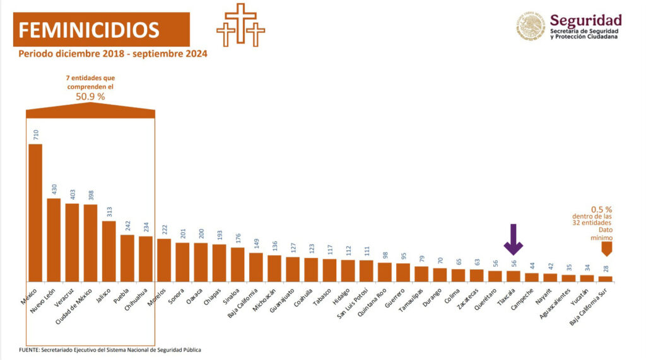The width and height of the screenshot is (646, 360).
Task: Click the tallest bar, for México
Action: tap(35, 212)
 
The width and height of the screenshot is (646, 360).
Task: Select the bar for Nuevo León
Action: tap(54, 240)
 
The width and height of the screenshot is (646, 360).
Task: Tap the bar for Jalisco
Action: tap(109, 251)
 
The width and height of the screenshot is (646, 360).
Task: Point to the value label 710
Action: tap(35, 134)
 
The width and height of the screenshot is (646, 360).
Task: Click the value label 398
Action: tap(90, 195)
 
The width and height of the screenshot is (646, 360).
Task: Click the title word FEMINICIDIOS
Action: tap(89, 30)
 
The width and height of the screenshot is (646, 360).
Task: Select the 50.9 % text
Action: tap(90, 96)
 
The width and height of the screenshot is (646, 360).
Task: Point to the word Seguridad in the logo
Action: tap(585, 20)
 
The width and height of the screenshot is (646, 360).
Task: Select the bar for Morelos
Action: tap(163, 260)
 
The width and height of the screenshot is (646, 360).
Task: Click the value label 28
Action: tap(606, 269)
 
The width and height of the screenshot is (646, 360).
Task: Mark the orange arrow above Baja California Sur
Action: tap(606, 250)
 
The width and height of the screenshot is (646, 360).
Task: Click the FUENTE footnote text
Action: tap(110, 349)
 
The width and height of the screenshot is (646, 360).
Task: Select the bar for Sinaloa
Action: tap(237, 264)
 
